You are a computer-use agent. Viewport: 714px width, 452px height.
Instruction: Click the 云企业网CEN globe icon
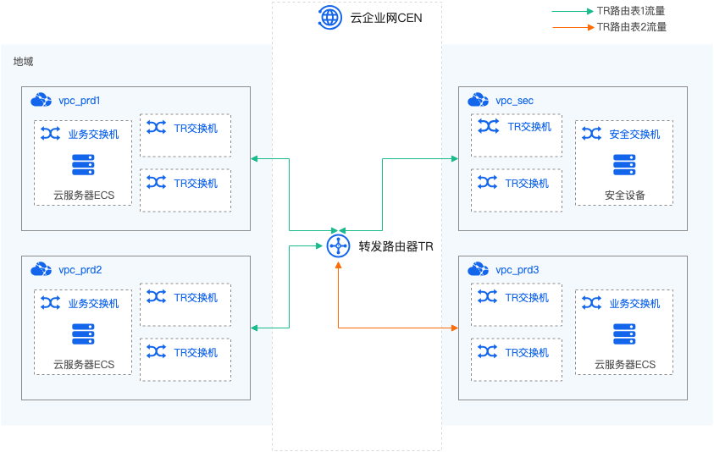point(329,16)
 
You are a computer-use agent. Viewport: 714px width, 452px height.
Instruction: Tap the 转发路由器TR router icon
point(338,245)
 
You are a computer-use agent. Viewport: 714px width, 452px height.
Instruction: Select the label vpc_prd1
point(80,101)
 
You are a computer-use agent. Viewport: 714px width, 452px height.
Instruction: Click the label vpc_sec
point(514,101)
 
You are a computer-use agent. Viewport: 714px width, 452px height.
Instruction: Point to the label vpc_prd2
point(80,270)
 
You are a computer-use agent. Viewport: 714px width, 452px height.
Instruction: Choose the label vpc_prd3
point(517,270)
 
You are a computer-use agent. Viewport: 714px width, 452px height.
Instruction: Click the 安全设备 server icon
point(624,164)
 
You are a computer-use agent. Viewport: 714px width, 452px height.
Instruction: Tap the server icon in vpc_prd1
point(83,164)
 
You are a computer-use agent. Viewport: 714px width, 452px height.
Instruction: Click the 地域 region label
point(23,62)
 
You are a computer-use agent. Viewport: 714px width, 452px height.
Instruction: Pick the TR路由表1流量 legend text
point(631,11)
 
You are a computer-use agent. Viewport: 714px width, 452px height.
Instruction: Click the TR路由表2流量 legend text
point(631,27)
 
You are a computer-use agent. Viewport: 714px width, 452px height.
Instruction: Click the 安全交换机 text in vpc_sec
point(634,134)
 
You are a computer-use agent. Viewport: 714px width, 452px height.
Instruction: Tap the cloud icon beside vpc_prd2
point(41,269)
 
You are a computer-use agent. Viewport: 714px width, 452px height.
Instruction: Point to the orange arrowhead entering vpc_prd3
point(455,328)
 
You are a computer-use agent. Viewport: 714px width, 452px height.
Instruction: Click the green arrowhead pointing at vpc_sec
point(455,158)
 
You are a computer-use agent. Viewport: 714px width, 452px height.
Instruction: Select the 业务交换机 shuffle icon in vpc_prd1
point(50,134)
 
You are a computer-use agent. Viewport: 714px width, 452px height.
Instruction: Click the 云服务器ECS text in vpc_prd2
point(83,365)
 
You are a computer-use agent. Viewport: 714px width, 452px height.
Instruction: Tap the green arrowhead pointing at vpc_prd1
point(255,158)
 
